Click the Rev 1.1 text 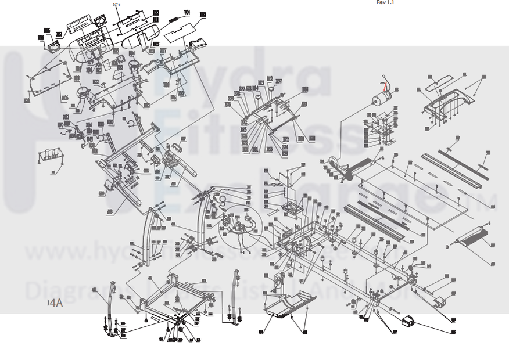click(x=385, y=2)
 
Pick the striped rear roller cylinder click(x=472, y=235)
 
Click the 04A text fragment click(x=55, y=303)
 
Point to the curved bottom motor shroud click(x=289, y=305)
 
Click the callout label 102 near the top click(x=203, y=14)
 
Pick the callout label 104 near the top click(x=187, y=12)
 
